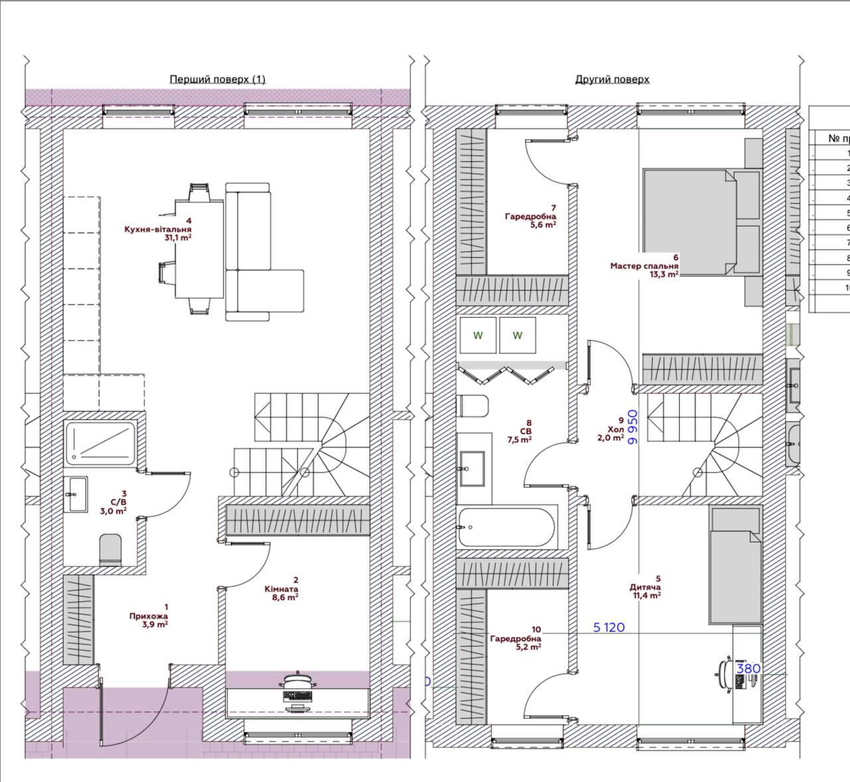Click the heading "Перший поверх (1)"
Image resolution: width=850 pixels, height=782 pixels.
[217, 79]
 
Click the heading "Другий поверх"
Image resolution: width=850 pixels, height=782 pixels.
[612, 79]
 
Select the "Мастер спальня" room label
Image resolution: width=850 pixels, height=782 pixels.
[644, 266]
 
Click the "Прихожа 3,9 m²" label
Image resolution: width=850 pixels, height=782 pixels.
[148, 615]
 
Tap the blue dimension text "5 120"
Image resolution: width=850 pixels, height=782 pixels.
[609, 627]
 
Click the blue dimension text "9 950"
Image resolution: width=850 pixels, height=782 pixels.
[633, 426]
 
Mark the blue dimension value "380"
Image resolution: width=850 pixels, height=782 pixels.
[748, 668]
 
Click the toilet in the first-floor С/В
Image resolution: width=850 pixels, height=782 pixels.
[111, 550]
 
